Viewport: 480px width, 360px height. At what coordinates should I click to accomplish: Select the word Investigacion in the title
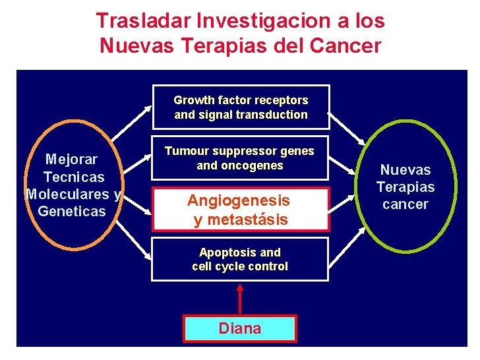(251, 20)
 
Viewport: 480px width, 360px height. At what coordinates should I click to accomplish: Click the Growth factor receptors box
(241, 107)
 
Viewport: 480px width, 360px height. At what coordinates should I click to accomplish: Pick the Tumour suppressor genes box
(240, 158)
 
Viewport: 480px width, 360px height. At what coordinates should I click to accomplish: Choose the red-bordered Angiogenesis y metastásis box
(240, 210)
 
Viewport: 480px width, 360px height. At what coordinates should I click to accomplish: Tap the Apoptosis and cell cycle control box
(240, 259)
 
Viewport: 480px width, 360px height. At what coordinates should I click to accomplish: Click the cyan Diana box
(240, 328)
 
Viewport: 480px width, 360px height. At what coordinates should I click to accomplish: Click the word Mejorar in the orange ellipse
(71, 159)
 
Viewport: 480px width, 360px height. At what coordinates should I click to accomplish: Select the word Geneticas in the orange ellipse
(72, 211)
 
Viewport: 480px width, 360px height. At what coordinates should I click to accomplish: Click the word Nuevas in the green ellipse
(405, 169)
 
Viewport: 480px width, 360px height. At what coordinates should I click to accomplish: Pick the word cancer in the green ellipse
(405, 204)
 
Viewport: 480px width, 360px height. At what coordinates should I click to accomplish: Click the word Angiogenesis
(239, 200)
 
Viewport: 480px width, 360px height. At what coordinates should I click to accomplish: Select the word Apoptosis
(222, 253)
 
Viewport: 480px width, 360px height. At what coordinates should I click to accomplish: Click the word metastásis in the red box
(247, 220)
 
